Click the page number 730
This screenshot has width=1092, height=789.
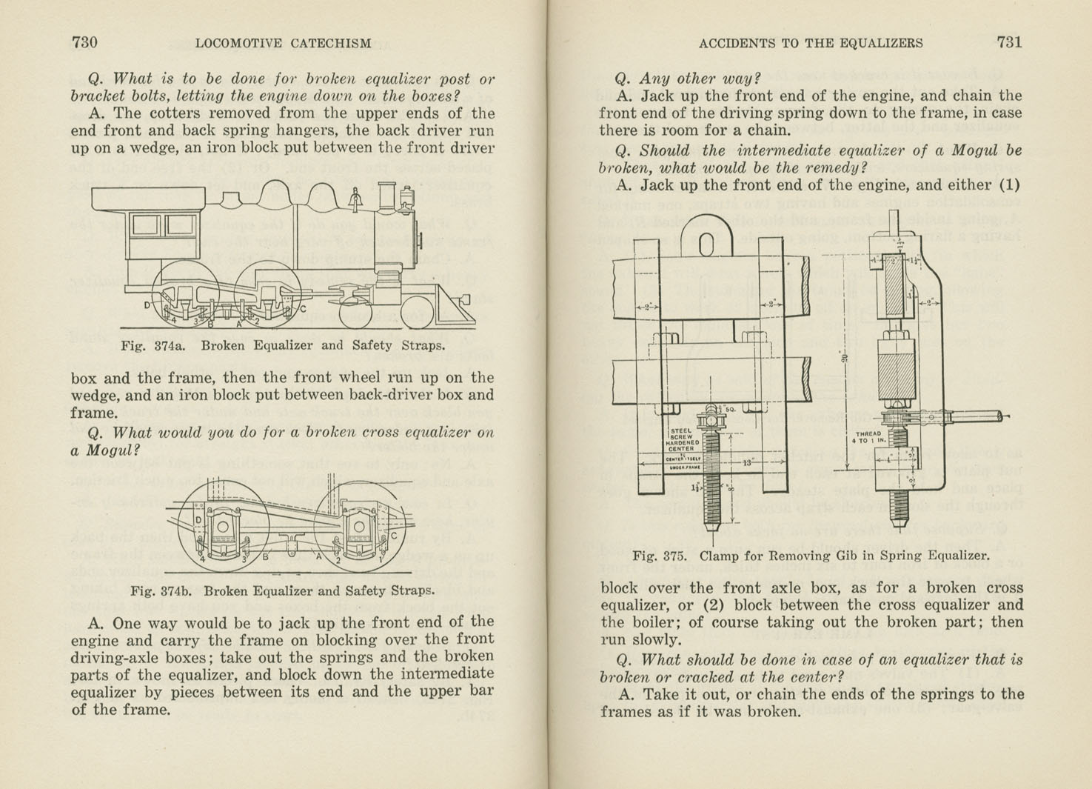[x=84, y=42]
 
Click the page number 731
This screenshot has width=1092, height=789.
[x=1009, y=42]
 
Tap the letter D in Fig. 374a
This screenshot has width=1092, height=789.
[x=147, y=305]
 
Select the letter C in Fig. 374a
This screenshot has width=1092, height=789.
[x=302, y=309]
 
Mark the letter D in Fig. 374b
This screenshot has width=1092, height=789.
[x=198, y=519]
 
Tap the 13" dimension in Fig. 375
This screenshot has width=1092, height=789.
[x=748, y=462]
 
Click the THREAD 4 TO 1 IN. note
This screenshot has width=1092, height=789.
[x=868, y=437]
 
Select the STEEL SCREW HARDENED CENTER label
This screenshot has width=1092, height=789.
[x=681, y=439]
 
